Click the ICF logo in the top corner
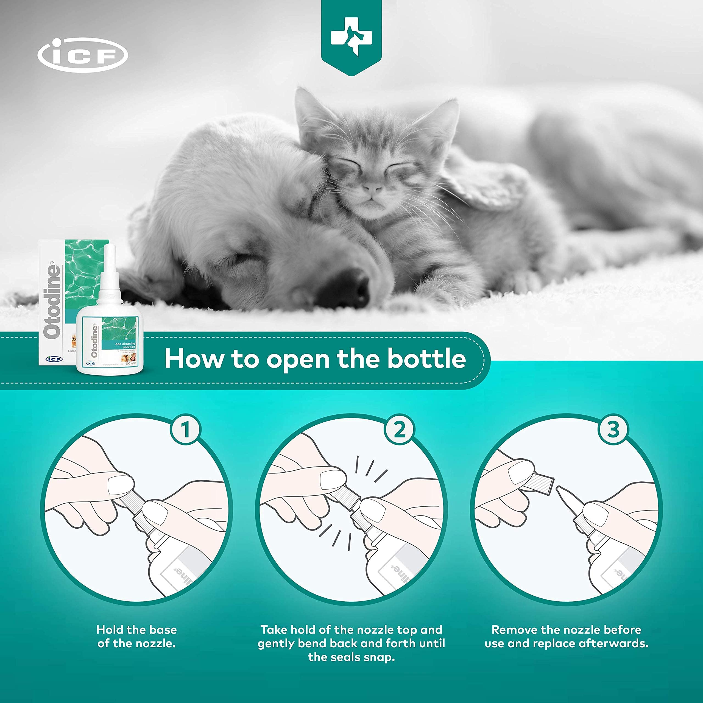coord(83,55)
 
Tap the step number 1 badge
coord(186,429)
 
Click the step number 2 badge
coord(399,429)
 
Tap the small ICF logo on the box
coord(54,359)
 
